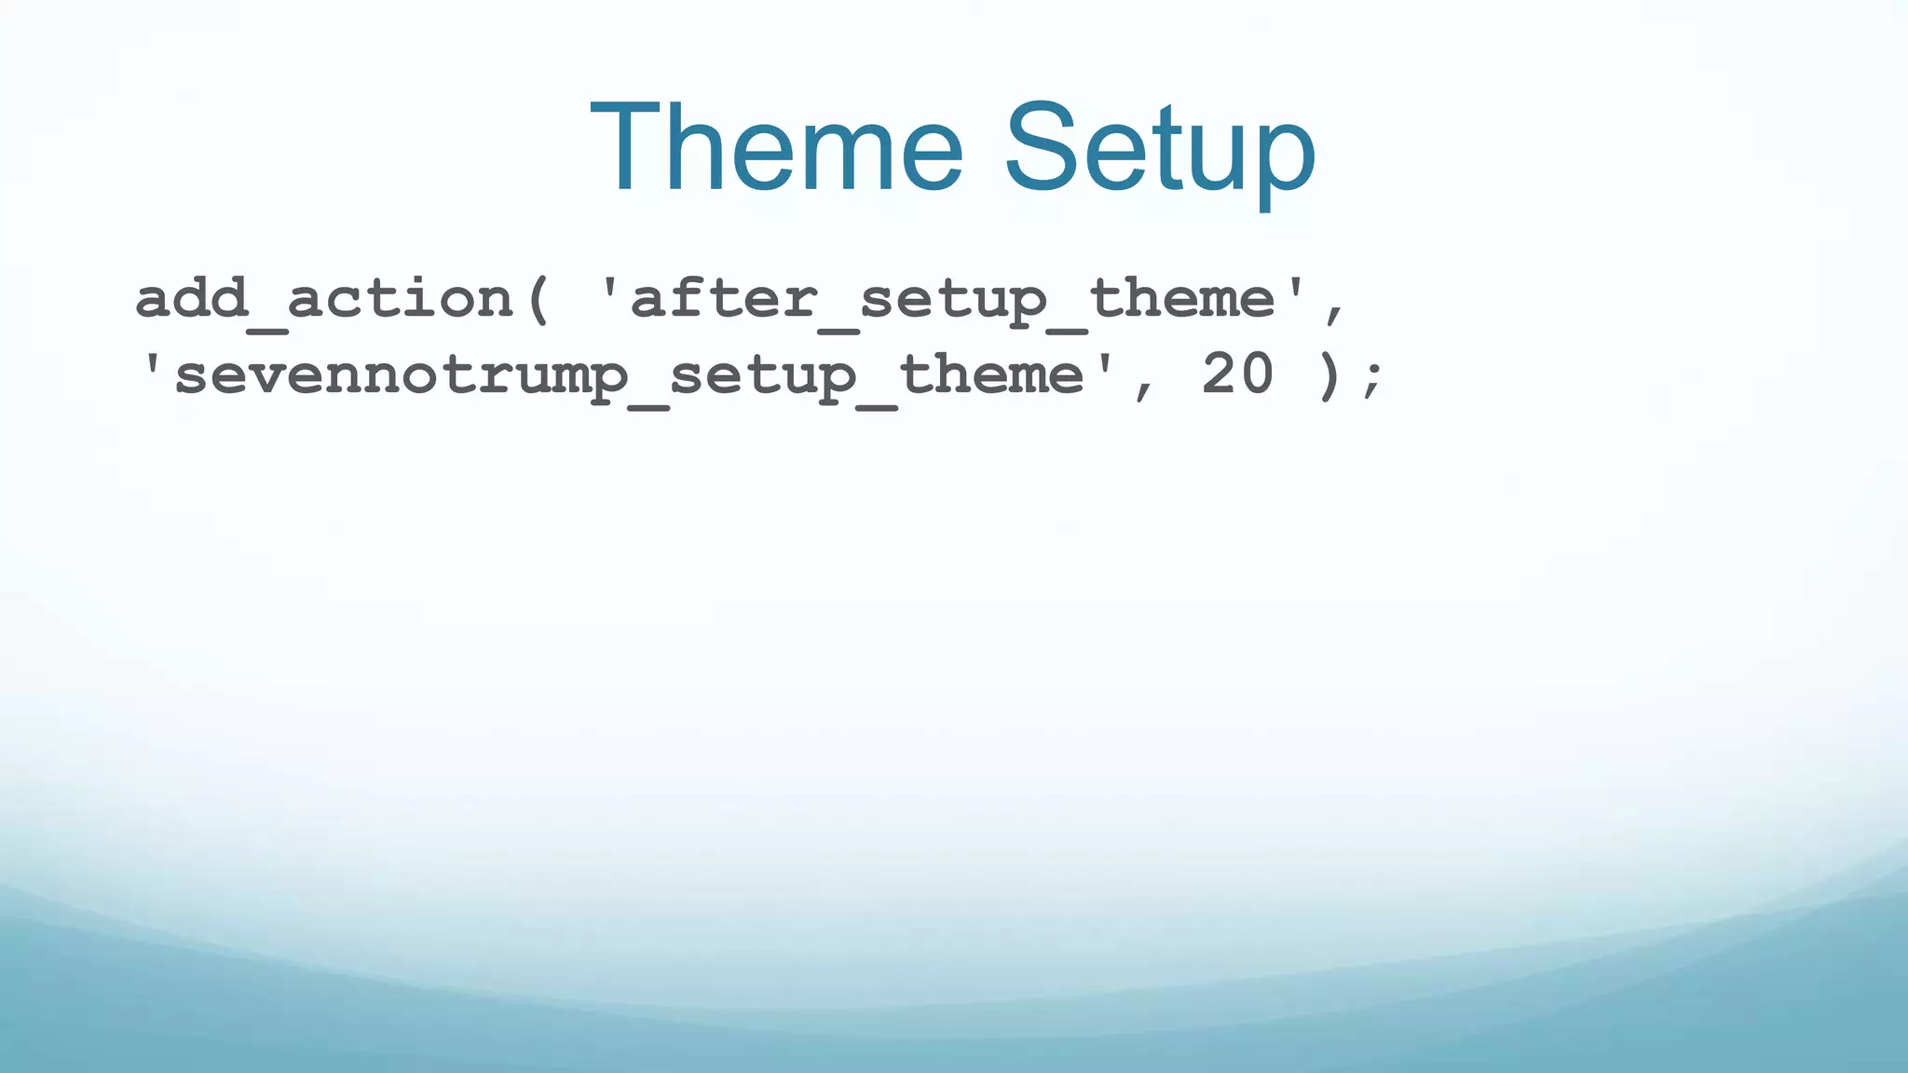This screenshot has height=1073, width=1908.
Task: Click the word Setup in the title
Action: click(x=1160, y=149)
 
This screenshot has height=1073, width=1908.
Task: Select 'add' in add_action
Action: click(x=191, y=298)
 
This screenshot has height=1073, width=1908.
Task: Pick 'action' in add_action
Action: click(x=401, y=298)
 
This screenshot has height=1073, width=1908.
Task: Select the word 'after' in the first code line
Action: click(x=723, y=298)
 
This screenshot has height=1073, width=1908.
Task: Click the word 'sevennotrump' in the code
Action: click(x=401, y=374)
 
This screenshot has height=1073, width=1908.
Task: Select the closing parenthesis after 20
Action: click(x=1330, y=375)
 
